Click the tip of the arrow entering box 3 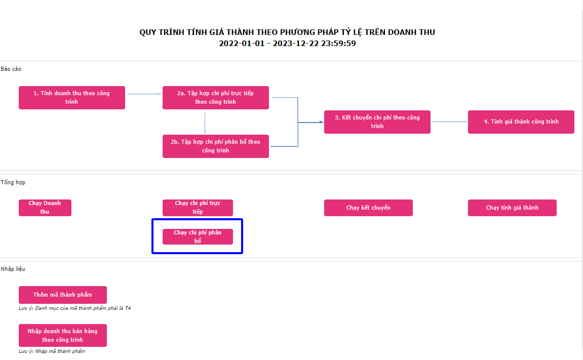[x=324, y=122]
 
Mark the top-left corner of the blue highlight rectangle [x=152, y=219]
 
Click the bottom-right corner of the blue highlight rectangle [x=243, y=254]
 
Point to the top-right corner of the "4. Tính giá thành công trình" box [x=574, y=110]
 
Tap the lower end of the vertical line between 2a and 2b [x=205, y=133]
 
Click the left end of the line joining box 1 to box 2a [x=127, y=94]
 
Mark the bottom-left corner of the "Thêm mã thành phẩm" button [x=19, y=304]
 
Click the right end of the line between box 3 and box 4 [x=467, y=122]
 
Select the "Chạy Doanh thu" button [x=45, y=208]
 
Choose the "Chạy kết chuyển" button [x=368, y=208]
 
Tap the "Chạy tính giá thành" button [x=513, y=208]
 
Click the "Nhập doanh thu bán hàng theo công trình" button [x=63, y=336]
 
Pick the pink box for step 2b [x=216, y=146]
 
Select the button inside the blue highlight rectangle [x=198, y=236]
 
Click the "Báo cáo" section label [x=11, y=69]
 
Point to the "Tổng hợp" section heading [x=13, y=182]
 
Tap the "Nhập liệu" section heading [x=13, y=269]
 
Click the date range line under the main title [x=287, y=44]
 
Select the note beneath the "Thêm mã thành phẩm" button [x=75, y=308]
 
